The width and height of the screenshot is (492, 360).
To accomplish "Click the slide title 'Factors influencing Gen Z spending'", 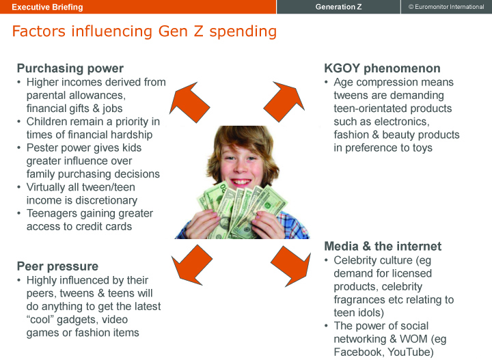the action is [x=144, y=31].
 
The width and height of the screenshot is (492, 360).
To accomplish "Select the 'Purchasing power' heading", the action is [x=70, y=68].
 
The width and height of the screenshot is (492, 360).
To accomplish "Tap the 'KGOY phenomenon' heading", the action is [x=382, y=68].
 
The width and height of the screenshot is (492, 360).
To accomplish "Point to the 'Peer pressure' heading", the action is [x=57, y=266].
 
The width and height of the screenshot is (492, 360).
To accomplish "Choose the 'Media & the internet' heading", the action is [x=383, y=246].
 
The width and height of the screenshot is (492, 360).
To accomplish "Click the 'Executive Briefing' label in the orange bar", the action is [x=47, y=7].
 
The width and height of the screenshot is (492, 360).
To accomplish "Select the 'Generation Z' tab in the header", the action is [x=338, y=7].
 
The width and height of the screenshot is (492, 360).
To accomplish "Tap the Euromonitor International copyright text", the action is [x=446, y=7].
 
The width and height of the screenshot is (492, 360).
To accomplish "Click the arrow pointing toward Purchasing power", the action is [x=189, y=102].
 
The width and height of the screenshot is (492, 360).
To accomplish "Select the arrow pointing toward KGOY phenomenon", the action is [x=284, y=102].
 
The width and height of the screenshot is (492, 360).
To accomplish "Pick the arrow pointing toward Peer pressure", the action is [x=192, y=265].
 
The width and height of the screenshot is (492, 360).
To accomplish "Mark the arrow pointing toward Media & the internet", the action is [x=291, y=266].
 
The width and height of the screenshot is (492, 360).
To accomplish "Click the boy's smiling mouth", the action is [x=241, y=182].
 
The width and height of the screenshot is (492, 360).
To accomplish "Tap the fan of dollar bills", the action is [x=242, y=210].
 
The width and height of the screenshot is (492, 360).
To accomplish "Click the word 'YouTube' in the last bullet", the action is [x=411, y=352].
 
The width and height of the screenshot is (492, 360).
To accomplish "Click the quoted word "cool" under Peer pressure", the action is [x=40, y=320].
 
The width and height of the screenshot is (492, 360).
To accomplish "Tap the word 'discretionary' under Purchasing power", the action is [x=107, y=200].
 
